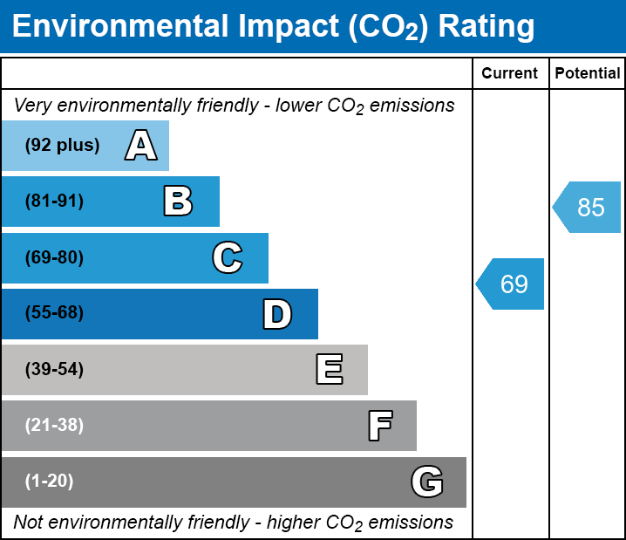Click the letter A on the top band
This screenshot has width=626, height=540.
tap(141, 146)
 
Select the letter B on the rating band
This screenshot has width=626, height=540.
tap(178, 202)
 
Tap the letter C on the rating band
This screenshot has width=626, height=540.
tap(227, 257)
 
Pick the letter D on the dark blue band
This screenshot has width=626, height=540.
tap(277, 314)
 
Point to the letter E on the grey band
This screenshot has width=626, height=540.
tap(329, 370)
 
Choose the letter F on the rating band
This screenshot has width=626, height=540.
tap(379, 426)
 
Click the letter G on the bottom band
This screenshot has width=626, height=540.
tap(427, 482)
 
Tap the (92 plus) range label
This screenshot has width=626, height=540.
tap(62, 146)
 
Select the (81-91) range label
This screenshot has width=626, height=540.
tap(54, 202)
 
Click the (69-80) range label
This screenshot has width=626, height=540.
tap(54, 257)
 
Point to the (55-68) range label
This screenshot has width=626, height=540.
tap(54, 313)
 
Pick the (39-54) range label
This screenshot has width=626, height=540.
tap(54, 370)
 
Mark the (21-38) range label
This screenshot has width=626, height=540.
tap(54, 426)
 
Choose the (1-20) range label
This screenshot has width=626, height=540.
tap(50, 482)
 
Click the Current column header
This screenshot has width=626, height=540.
tap(510, 74)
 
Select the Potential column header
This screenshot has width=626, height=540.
tap(588, 74)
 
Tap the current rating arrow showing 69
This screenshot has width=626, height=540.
tap(512, 284)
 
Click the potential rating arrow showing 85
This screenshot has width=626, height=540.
tap(589, 207)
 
